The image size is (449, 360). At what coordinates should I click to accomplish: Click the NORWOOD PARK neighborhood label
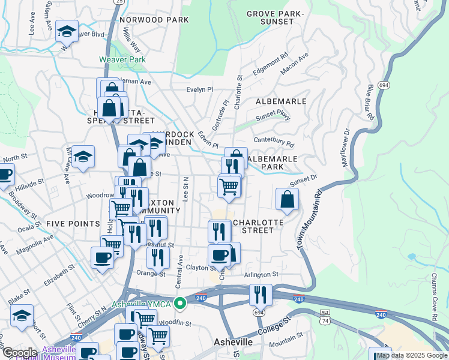coord(154,20)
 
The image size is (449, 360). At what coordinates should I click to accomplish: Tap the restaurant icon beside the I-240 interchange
coord(261,295)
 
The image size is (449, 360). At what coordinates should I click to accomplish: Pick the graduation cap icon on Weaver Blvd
coord(67,31)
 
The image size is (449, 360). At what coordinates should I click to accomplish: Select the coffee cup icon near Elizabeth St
coord(102,258)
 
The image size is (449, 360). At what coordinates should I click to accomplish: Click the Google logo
coord(20,353)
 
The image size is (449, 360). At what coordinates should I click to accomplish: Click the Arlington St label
coord(261,274)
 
